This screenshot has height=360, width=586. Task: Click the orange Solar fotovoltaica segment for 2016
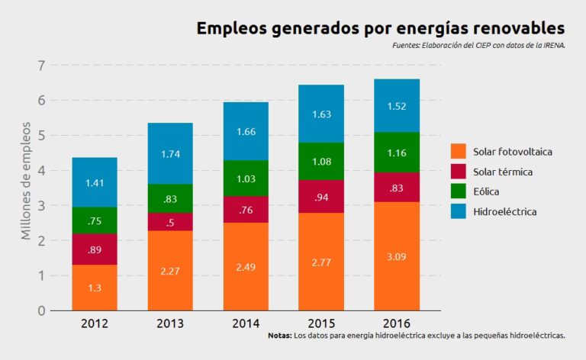click(x=396, y=256)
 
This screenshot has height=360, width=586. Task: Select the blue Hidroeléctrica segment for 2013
click(x=170, y=153)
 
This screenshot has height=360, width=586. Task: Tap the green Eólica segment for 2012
click(x=95, y=220)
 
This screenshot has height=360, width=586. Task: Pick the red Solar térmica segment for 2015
click(x=320, y=196)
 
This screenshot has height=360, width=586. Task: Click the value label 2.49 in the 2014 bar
click(x=245, y=266)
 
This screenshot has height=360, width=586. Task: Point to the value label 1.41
click(x=95, y=182)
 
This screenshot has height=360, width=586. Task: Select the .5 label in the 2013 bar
click(x=170, y=222)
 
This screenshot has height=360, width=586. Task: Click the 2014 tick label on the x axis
click(x=245, y=323)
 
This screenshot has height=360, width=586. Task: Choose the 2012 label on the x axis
click(x=95, y=323)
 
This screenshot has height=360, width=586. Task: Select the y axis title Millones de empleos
click(x=26, y=180)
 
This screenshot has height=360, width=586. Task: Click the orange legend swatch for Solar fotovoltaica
click(x=458, y=152)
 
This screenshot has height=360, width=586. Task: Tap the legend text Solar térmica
click(x=503, y=172)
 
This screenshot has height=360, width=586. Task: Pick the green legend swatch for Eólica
click(x=458, y=191)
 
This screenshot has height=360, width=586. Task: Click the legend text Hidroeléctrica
click(x=505, y=211)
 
